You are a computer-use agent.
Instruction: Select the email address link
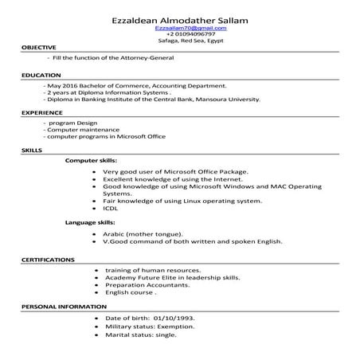[x=179, y=28]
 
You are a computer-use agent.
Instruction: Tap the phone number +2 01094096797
[x=179, y=34]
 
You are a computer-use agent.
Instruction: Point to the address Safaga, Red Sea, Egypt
[x=179, y=41]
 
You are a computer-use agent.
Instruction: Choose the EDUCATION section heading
[x=40, y=75]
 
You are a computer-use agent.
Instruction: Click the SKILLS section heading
[x=32, y=150]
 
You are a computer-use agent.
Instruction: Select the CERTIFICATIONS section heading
[x=48, y=260]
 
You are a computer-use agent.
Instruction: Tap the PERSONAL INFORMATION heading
[x=63, y=307]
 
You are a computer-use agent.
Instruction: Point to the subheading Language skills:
[x=90, y=222]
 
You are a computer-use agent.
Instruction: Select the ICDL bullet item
[x=111, y=209]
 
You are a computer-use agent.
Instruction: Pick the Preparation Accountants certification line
[x=147, y=284]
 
